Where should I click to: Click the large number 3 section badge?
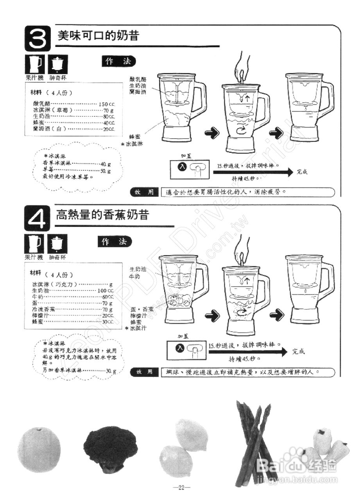(x=38, y=38)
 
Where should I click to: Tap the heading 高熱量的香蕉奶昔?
(x=102, y=215)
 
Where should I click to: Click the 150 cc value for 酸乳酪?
(x=107, y=104)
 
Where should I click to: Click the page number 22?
(x=181, y=487)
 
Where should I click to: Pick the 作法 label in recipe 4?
(x=115, y=242)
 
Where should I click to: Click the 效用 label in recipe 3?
(x=144, y=192)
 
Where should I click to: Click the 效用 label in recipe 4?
(x=144, y=372)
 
